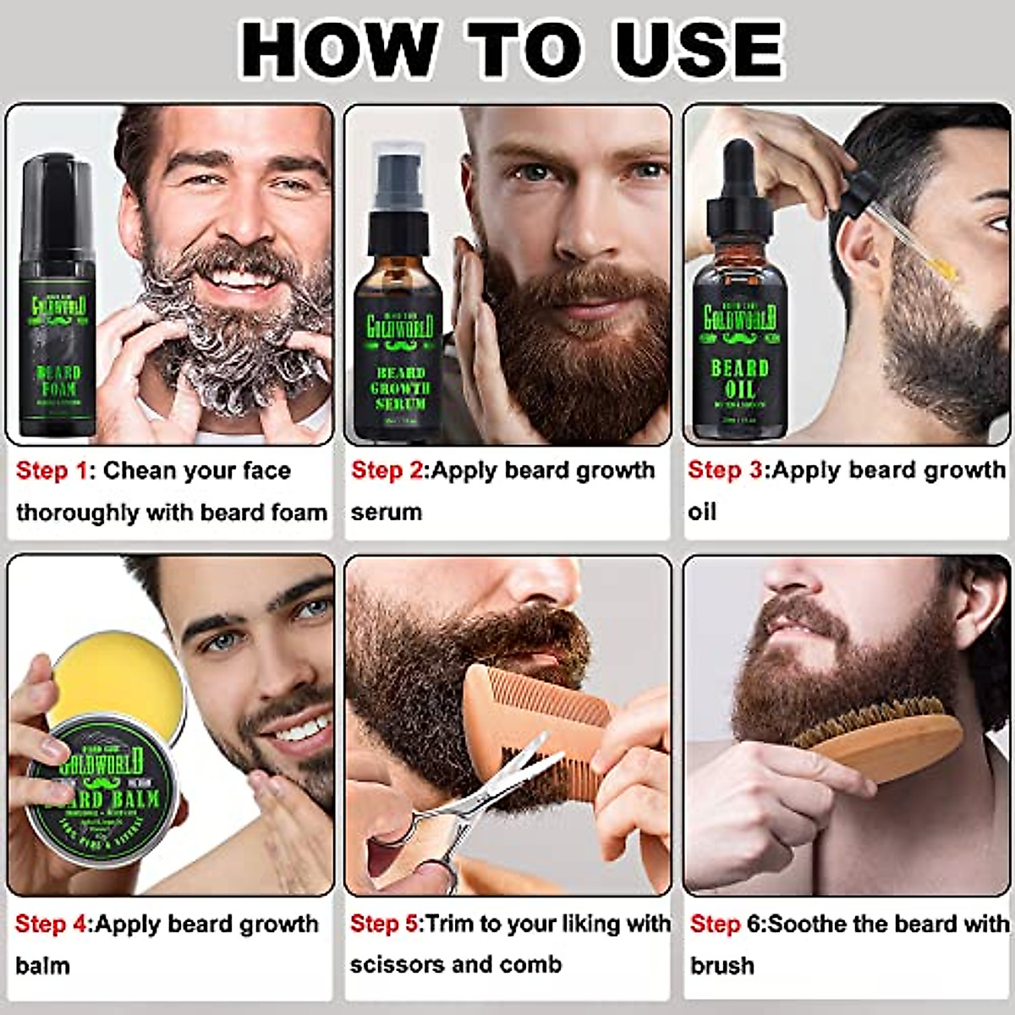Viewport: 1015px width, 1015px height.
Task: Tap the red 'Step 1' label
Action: [x=52, y=470]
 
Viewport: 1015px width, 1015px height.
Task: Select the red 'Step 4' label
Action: [x=51, y=924]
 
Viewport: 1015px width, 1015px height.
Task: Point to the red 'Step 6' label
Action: [x=726, y=924]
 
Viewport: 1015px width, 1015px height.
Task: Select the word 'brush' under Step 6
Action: [x=721, y=965]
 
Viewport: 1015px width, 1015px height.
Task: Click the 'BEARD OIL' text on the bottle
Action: [x=738, y=379]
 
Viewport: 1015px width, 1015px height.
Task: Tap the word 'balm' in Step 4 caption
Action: [x=42, y=965]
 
